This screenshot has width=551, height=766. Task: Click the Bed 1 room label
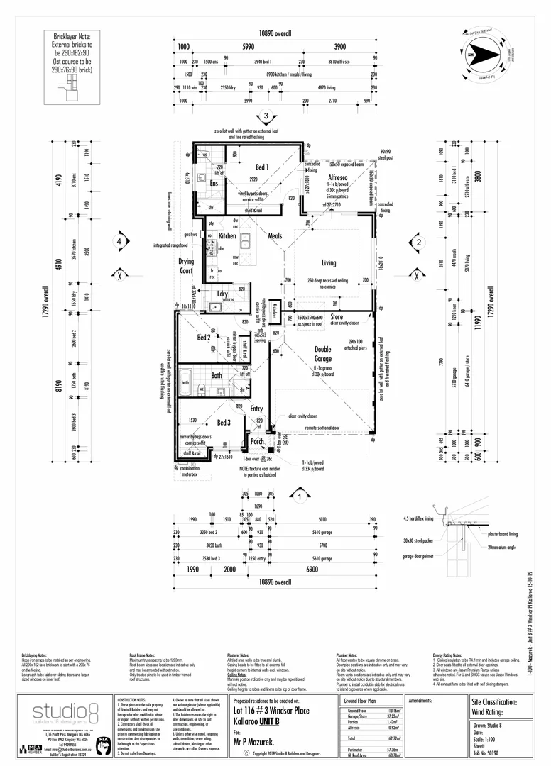click(x=262, y=167)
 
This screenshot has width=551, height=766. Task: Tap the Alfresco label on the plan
click(x=337, y=178)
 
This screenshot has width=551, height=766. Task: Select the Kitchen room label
click(x=227, y=235)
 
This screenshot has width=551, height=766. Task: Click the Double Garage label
click(x=327, y=354)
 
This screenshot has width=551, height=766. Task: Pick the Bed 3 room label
click(x=224, y=423)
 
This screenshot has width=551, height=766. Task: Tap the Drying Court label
click(x=186, y=266)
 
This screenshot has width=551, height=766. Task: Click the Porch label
click(x=258, y=442)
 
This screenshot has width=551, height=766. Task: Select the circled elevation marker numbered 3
click(x=265, y=117)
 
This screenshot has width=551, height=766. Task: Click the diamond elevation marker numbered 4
click(x=120, y=242)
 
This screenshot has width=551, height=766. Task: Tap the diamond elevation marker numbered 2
click(x=419, y=242)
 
